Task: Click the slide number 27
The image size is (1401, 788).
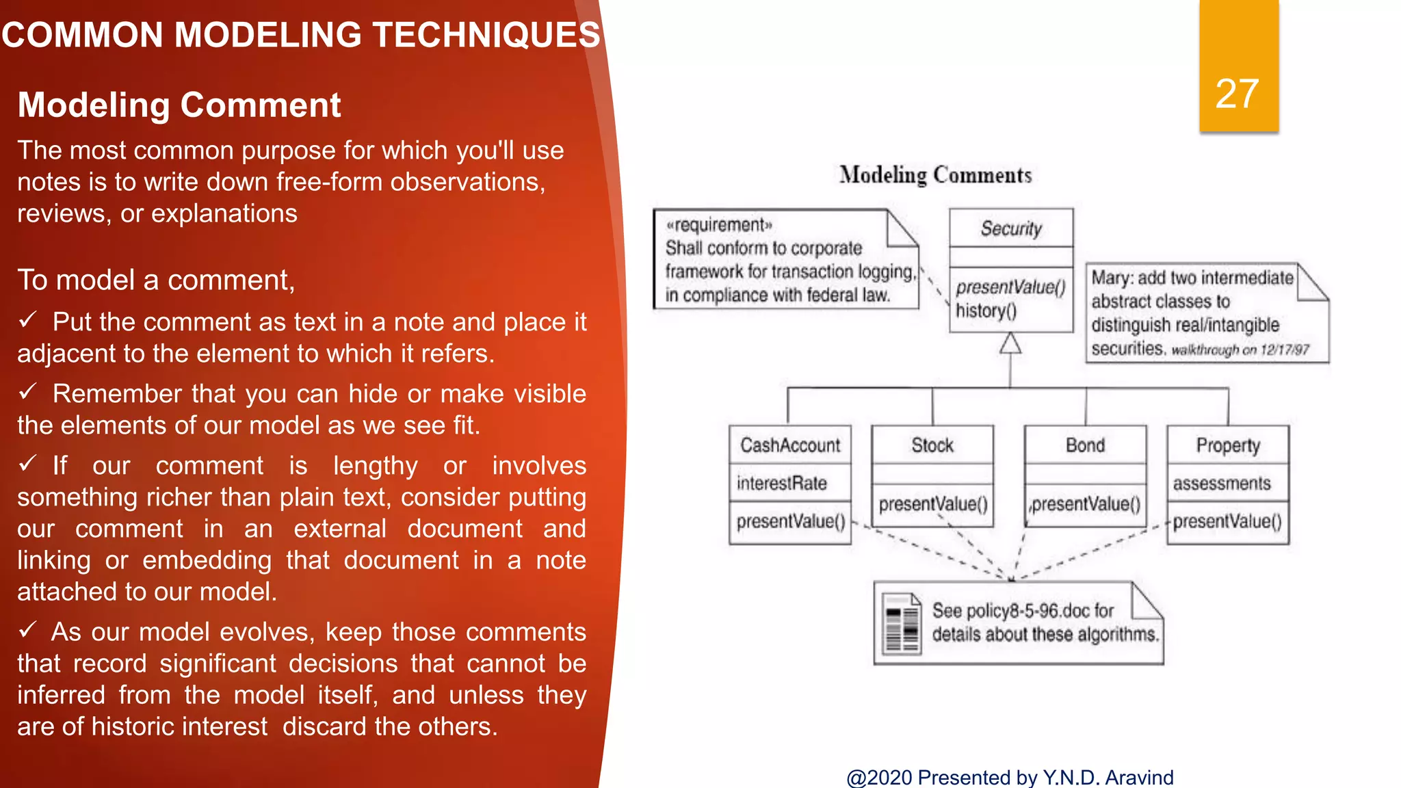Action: tap(1237, 94)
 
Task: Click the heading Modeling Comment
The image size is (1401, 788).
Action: tap(179, 105)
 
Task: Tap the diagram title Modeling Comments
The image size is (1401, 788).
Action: tap(935, 175)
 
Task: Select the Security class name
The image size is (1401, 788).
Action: tap(1011, 228)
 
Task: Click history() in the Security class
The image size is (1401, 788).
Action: tap(986, 311)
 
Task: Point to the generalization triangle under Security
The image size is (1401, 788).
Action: tap(1010, 343)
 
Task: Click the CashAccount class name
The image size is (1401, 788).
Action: tap(790, 445)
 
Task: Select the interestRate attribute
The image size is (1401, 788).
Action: tap(781, 484)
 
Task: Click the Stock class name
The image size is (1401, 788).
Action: tap(932, 445)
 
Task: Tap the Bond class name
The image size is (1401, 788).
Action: tap(1085, 445)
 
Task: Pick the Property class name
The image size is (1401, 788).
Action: tap(1228, 445)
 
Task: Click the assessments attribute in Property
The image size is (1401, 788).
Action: tap(1222, 484)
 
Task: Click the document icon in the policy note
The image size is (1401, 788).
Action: tap(901, 623)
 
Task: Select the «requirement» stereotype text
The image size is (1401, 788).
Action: tap(719, 225)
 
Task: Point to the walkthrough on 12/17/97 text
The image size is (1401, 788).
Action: tap(1240, 350)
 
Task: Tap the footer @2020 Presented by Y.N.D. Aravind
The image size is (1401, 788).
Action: tap(1010, 778)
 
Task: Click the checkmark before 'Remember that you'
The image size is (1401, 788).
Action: tap(28, 392)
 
